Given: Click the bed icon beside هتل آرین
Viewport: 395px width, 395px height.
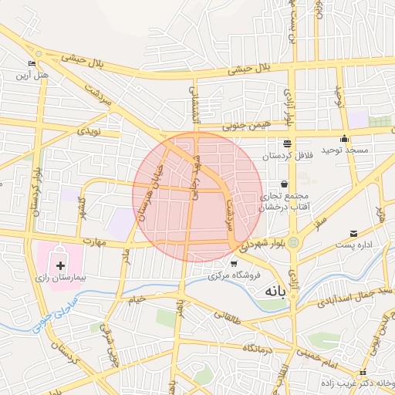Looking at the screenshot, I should click(x=32, y=64).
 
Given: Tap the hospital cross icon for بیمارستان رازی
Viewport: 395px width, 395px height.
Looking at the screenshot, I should click(x=60, y=265).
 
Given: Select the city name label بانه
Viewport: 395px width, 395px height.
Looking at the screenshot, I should click(x=275, y=292).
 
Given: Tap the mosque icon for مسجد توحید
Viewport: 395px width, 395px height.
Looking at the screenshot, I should click(x=344, y=138).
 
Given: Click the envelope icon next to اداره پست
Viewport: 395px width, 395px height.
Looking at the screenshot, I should click(x=353, y=233).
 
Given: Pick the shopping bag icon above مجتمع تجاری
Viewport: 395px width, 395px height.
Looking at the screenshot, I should click(x=285, y=184).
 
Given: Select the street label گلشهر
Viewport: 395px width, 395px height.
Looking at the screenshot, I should click(x=80, y=208).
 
